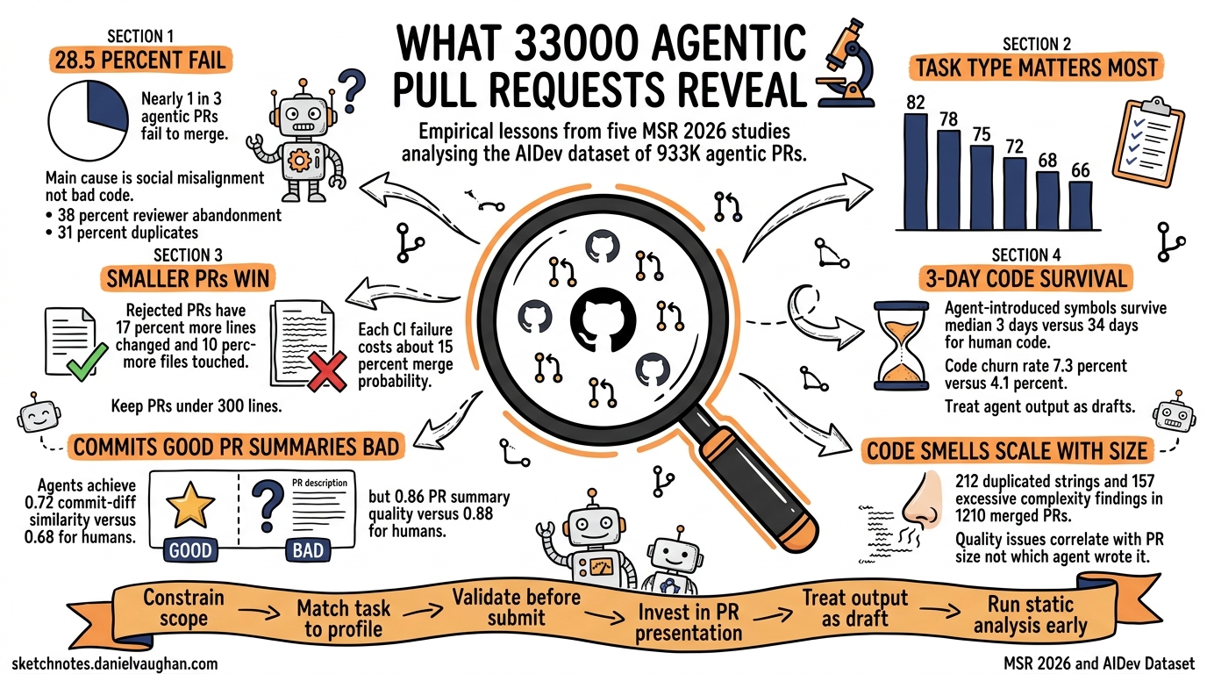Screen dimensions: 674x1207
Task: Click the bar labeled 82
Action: [915, 170]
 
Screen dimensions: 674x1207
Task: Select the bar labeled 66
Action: [1081, 204]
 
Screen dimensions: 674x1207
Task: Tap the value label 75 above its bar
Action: [982, 133]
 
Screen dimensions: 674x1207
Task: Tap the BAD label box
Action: [304, 551]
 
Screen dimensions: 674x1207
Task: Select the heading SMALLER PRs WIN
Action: [188, 279]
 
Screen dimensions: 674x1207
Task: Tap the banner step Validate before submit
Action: [516, 607]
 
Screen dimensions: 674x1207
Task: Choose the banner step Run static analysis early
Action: [1036, 615]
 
